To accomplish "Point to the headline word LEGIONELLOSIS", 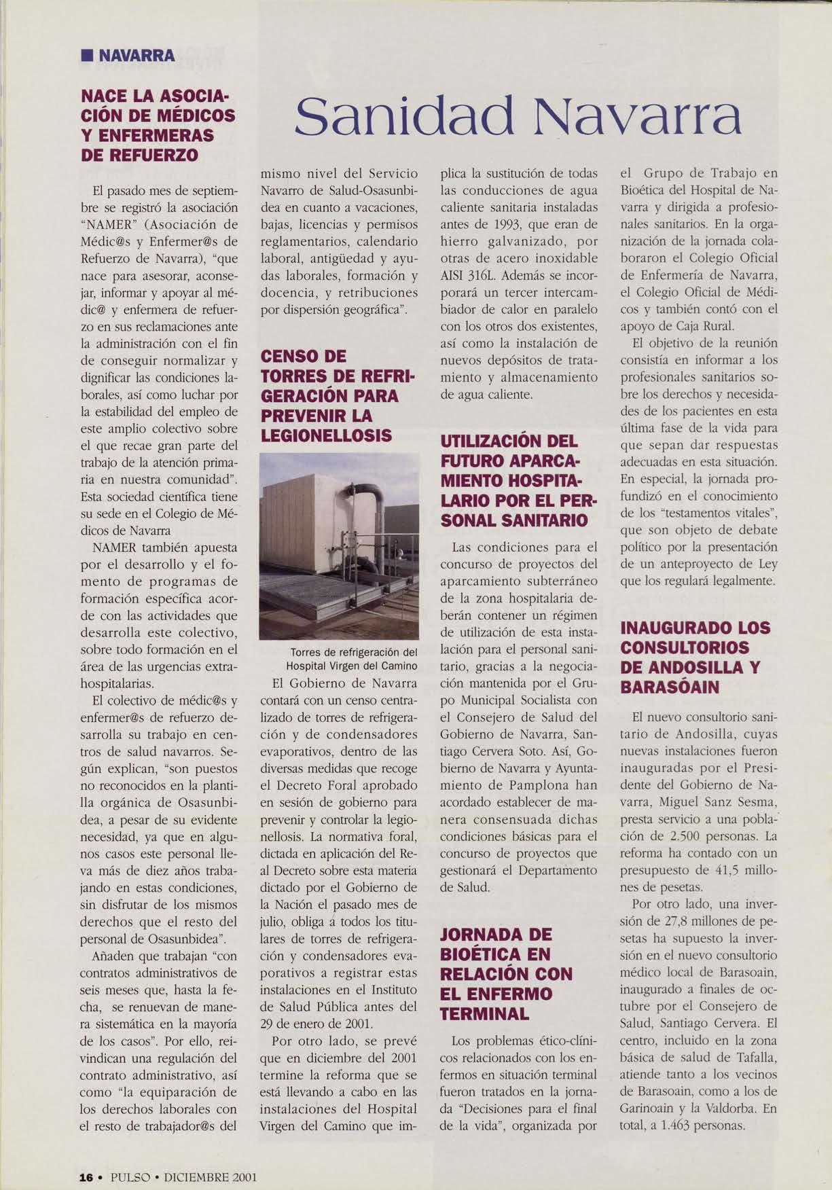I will pyautogui.click(x=327, y=435).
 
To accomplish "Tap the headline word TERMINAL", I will pyautogui.click(x=484, y=1014).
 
